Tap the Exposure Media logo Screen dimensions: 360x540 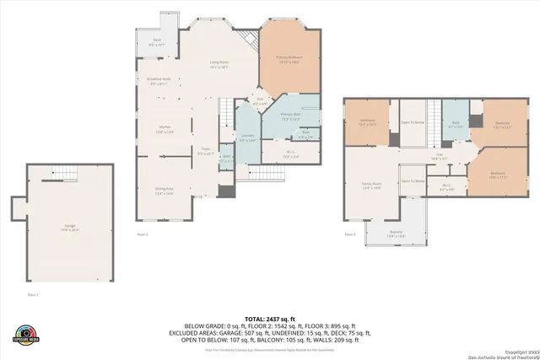pos(26,334)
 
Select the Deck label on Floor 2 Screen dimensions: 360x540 pos(157,42)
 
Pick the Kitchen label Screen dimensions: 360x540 pos(165,130)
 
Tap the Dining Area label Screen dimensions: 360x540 pos(164,191)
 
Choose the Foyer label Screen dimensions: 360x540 pos(205,153)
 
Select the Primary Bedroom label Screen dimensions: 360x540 pos(289,59)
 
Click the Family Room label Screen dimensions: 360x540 pos(372,185)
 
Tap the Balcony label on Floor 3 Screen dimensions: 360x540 pos(397,234)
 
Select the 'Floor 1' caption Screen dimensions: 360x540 pos(33,295)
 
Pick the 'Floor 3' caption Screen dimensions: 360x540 pos(349,234)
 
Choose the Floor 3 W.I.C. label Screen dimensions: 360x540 pos(447,187)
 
